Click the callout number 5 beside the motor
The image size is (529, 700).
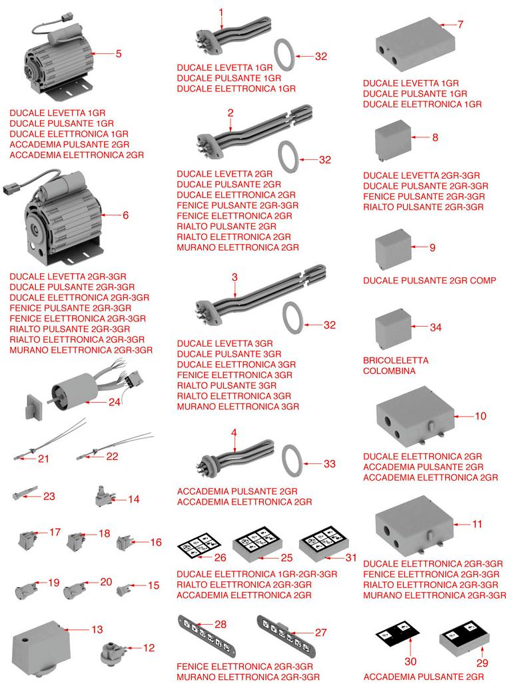118,54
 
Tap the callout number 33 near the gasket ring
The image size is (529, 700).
329,464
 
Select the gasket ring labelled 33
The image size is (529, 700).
292,463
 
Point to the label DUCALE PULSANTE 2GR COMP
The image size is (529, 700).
429,281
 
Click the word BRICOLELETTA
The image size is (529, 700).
396,360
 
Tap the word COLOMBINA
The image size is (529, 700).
389,371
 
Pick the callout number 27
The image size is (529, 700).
320,633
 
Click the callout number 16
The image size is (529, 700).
156,543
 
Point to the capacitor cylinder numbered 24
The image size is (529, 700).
71,395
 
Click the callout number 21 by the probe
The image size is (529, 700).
43,459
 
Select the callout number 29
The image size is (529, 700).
482,663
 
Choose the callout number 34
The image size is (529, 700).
435,328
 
